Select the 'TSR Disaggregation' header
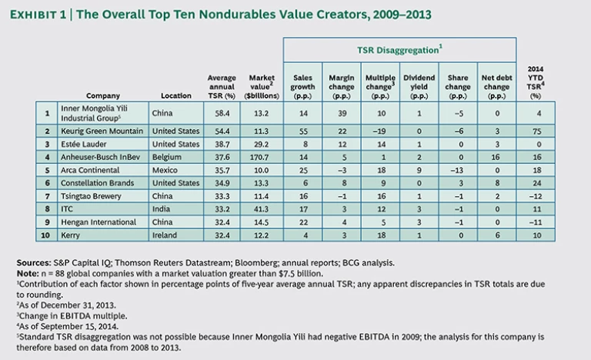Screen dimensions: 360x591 coord(400,50)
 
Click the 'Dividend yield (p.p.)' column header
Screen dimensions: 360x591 coord(419,87)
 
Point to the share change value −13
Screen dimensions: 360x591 coord(458,171)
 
